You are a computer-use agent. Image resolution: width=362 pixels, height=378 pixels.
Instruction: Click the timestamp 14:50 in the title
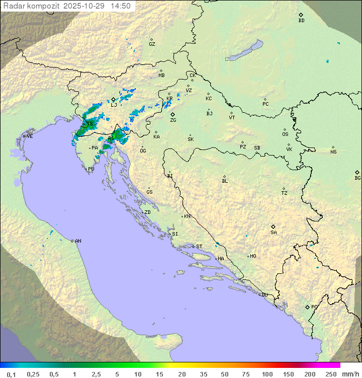(121, 6)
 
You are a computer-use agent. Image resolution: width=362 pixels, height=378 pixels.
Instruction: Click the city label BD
(301, 21)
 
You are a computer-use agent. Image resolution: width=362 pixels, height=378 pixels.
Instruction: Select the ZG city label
(173, 120)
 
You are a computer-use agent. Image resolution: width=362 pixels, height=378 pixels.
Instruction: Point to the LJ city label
(114, 105)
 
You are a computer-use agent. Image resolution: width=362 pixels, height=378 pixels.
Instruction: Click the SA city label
(274, 233)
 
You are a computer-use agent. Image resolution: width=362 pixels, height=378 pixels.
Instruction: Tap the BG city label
(357, 178)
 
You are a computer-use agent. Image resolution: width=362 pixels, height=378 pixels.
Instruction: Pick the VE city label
(30, 136)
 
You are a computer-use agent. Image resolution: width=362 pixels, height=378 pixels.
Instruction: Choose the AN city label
(78, 241)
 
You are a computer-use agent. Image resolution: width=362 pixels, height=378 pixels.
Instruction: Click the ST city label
(199, 247)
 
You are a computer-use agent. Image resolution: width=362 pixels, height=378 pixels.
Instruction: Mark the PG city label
(314, 307)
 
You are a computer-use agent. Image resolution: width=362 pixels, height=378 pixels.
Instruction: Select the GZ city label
(152, 44)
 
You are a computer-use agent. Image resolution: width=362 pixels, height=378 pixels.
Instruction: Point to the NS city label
(333, 152)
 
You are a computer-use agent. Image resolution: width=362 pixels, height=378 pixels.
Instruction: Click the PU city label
(91, 170)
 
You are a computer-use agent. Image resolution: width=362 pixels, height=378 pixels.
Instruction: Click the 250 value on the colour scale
(331, 374)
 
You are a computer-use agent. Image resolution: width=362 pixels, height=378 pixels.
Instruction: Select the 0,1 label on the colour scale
(11, 374)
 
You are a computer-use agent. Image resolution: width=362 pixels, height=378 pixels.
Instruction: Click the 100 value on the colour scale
(267, 374)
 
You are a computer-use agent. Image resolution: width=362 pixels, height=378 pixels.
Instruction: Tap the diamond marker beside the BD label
(301, 15)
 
